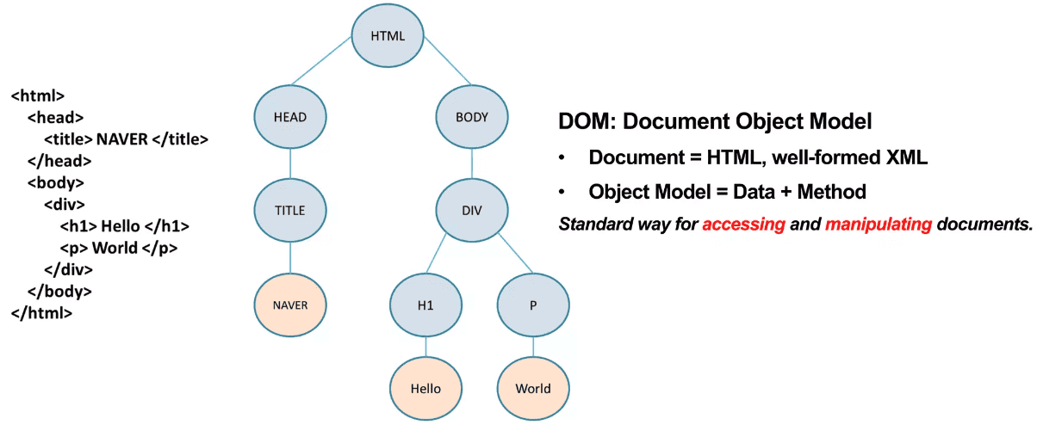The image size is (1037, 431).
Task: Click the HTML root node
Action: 387,37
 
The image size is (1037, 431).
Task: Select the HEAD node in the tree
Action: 289,117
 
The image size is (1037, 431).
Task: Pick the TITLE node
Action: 289,209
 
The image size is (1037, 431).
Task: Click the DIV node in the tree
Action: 472,209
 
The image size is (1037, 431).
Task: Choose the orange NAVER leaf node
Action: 289,305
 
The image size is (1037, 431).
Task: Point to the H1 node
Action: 426,305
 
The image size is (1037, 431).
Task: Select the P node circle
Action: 533,305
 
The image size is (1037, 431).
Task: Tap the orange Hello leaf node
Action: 426,388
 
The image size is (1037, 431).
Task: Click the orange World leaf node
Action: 533,388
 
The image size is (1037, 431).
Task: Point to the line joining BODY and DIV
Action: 472,163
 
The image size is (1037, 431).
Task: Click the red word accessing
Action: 742,225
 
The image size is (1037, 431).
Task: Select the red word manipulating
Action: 879,225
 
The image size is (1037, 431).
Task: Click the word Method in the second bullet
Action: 831,191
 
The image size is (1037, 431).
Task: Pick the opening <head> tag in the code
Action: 55,117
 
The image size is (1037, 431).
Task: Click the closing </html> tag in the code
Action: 41,313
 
